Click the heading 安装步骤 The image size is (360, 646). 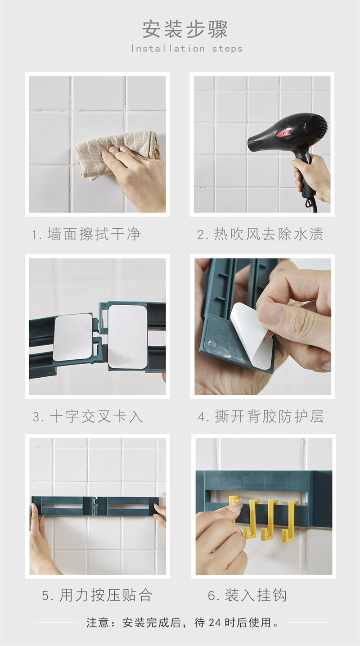click(x=185, y=29)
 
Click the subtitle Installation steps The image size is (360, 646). click(x=187, y=49)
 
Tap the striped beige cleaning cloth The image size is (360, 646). click(x=115, y=153)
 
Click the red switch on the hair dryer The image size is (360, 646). click(x=283, y=134)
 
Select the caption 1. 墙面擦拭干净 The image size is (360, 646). click(x=86, y=234)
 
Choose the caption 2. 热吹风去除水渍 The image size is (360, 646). click(x=260, y=234)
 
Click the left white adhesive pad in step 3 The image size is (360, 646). click(x=72, y=338)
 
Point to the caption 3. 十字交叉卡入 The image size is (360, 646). click(x=88, y=417)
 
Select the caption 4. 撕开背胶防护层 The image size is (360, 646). click(x=261, y=417)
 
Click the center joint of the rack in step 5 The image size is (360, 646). click(x=95, y=506)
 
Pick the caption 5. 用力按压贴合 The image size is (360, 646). click(x=97, y=596)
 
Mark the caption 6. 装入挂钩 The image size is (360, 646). click(x=247, y=596)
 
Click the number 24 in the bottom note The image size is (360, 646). click(x=215, y=623)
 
